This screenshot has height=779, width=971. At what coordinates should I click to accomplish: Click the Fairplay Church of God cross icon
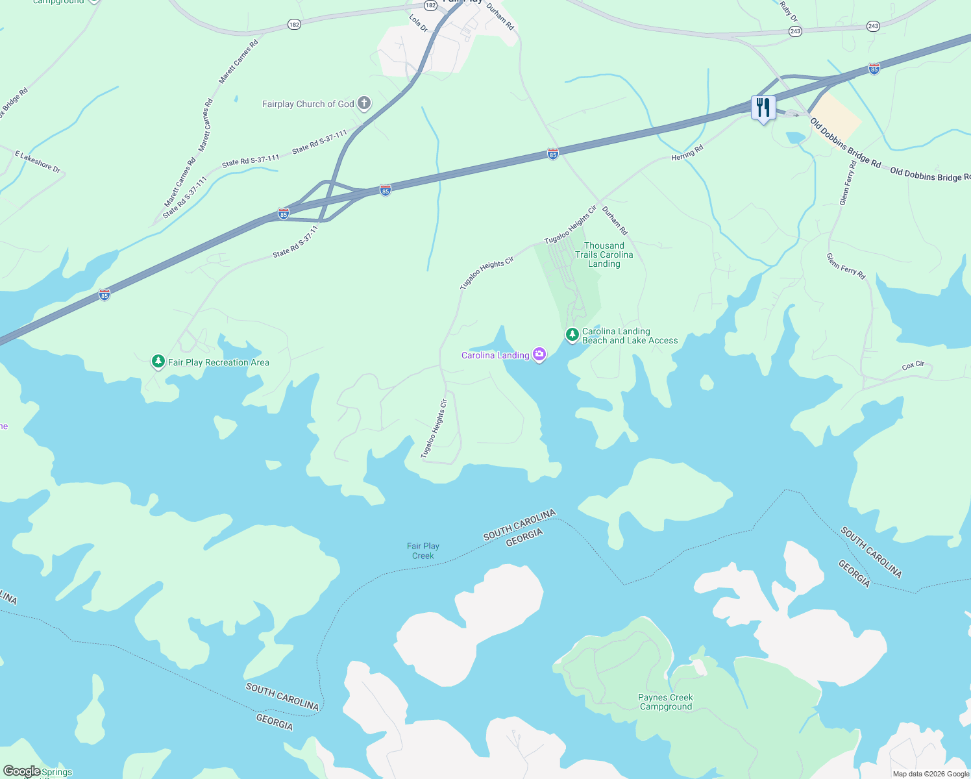(x=364, y=103)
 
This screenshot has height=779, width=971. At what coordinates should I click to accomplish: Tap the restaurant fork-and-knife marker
(x=763, y=107)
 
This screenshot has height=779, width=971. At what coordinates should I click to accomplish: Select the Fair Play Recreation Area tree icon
(x=158, y=362)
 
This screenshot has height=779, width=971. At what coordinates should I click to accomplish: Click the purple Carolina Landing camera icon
(x=539, y=354)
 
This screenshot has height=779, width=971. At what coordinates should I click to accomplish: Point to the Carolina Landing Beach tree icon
(x=572, y=335)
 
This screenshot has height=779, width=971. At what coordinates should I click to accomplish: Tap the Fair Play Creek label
(x=423, y=550)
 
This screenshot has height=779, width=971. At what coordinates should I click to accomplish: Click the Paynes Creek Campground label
(x=665, y=702)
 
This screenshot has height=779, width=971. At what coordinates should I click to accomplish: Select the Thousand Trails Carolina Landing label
(x=604, y=254)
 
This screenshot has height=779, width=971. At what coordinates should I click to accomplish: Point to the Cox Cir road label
(x=913, y=365)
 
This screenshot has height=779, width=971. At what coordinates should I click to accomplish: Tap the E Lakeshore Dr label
(x=38, y=162)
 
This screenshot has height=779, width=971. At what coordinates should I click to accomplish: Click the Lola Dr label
(x=419, y=23)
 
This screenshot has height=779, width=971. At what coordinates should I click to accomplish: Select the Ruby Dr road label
(x=789, y=11)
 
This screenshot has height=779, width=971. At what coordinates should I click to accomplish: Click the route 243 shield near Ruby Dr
(x=795, y=31)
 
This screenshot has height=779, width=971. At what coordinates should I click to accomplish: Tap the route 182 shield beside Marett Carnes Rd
(x=294, y=25)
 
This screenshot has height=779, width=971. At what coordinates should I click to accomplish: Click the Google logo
(x=21, y=771)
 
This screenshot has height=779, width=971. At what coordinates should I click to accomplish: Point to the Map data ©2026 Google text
(x=930, y=774)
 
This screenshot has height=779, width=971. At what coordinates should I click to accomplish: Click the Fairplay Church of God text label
(x=308, y=104)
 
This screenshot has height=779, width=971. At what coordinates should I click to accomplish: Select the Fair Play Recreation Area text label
(x=219, y=362)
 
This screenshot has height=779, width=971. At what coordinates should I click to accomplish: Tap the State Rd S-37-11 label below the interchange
(x=296, y=241)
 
